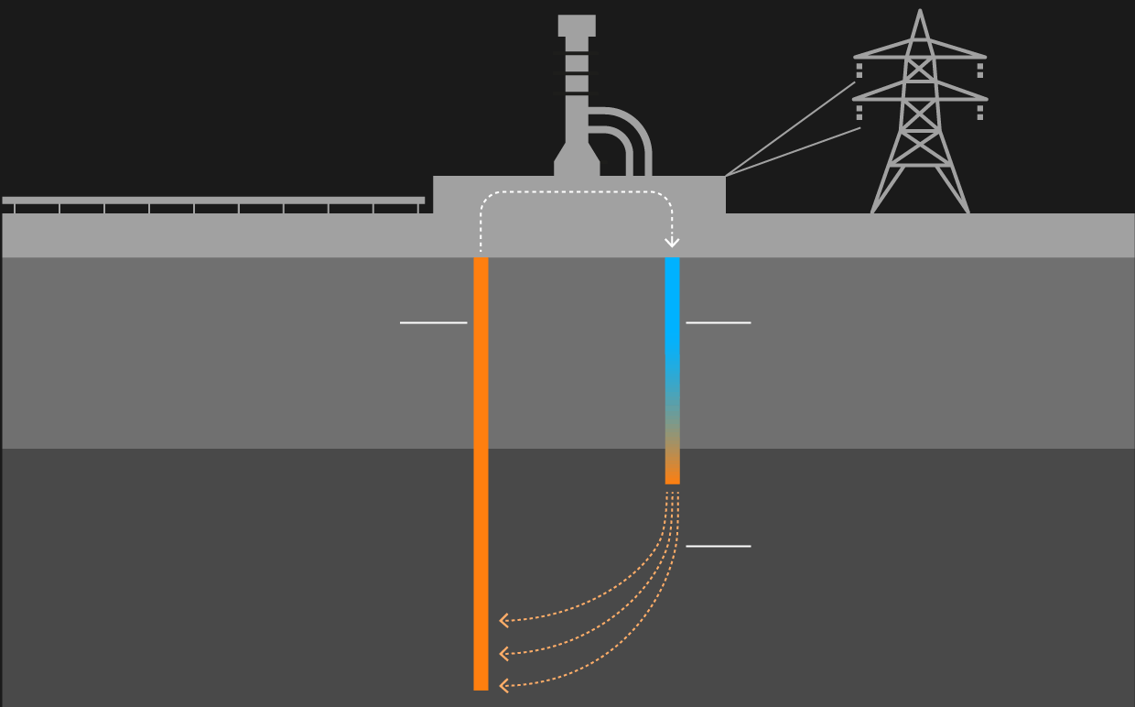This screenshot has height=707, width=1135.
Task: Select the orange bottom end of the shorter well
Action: pos(672,473)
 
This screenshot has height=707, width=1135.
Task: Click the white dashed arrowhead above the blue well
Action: pos(672,243)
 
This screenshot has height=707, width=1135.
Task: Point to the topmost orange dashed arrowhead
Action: pos(503,621)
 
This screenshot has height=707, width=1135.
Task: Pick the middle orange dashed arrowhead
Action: pos(503,654)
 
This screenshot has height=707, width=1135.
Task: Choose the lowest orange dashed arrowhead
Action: pos(503,684)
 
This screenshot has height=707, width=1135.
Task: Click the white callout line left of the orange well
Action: pos(433,322)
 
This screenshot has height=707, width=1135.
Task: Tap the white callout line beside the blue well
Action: pos(718,322)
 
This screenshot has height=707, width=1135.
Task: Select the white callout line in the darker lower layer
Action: pos(718,546)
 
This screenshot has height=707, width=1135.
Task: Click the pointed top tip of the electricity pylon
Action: pos(920,13)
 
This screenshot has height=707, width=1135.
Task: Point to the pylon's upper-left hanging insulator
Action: pos(859,70)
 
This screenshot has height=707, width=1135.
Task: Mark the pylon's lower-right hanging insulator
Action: pos(980,112)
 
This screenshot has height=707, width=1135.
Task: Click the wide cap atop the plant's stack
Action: pos(577,25)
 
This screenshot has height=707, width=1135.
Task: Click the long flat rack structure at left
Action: pos(212,200)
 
